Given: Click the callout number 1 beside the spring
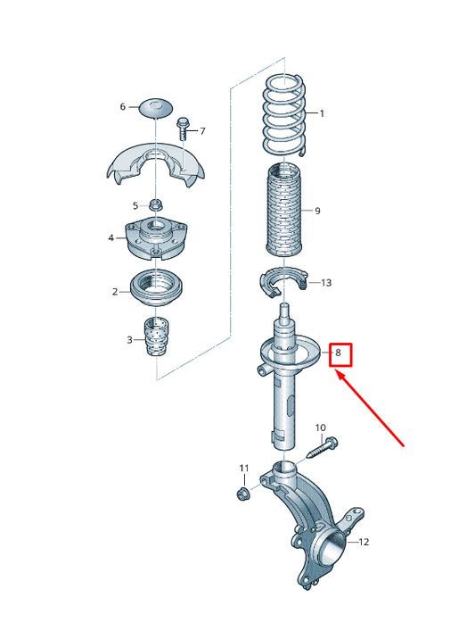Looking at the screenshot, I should [x=322, y=113].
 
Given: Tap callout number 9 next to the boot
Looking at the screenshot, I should [x=316, y=211].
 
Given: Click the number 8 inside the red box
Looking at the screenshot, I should [x=338, y=353].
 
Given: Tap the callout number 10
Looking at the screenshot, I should [x=321, y=428].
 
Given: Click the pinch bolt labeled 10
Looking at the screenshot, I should [x=322, y=447].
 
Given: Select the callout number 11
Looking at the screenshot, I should [x=244, y=469].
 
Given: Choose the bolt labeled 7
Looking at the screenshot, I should [x=184, y=129].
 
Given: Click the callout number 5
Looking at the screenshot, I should [x=135, y=205].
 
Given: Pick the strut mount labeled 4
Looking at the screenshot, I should [x=156, y=237].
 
